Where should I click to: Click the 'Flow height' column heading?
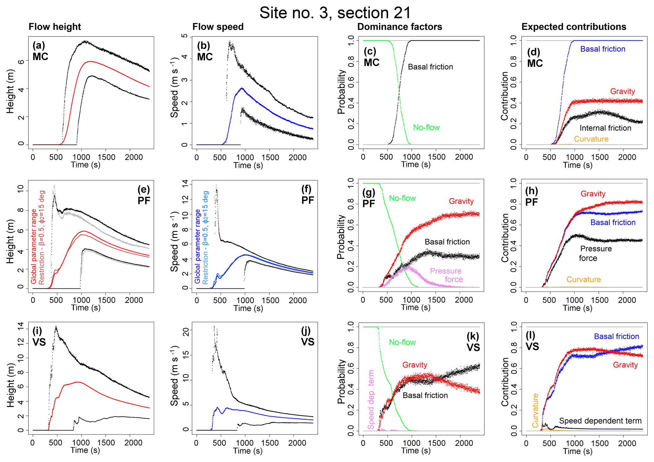pyautogui.click(x=55, y=27)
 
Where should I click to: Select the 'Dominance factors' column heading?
pyautogui.click(x=399, y=27)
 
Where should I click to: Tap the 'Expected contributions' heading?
pyautogui.click(x=574, y=27)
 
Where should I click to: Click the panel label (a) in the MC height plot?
pyautogui.click(x=39, y=46)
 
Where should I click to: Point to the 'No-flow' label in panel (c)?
pyautogui.click(x=426, y=127)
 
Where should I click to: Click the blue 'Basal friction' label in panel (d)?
pyautogui.click(x=602, y=49)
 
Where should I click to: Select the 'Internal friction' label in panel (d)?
pyautogui.click(x=605, y=128)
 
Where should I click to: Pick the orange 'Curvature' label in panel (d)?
pyautogui.click(x=591, y=139)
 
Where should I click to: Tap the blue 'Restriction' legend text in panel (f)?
pyautogui.click(x=205, y=237)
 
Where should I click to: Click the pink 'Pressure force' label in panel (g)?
pyautogui.click(x=446, y=275)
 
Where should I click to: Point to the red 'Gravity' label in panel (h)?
pyautogui.click(x=593, y=194)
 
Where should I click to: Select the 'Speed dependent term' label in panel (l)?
pyautogui.click(x=600, y=421)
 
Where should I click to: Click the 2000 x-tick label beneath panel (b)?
pyautogui.click(x=297, y=157)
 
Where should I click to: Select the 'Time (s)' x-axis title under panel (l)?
pyautogui.click(x=577, y=451)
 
